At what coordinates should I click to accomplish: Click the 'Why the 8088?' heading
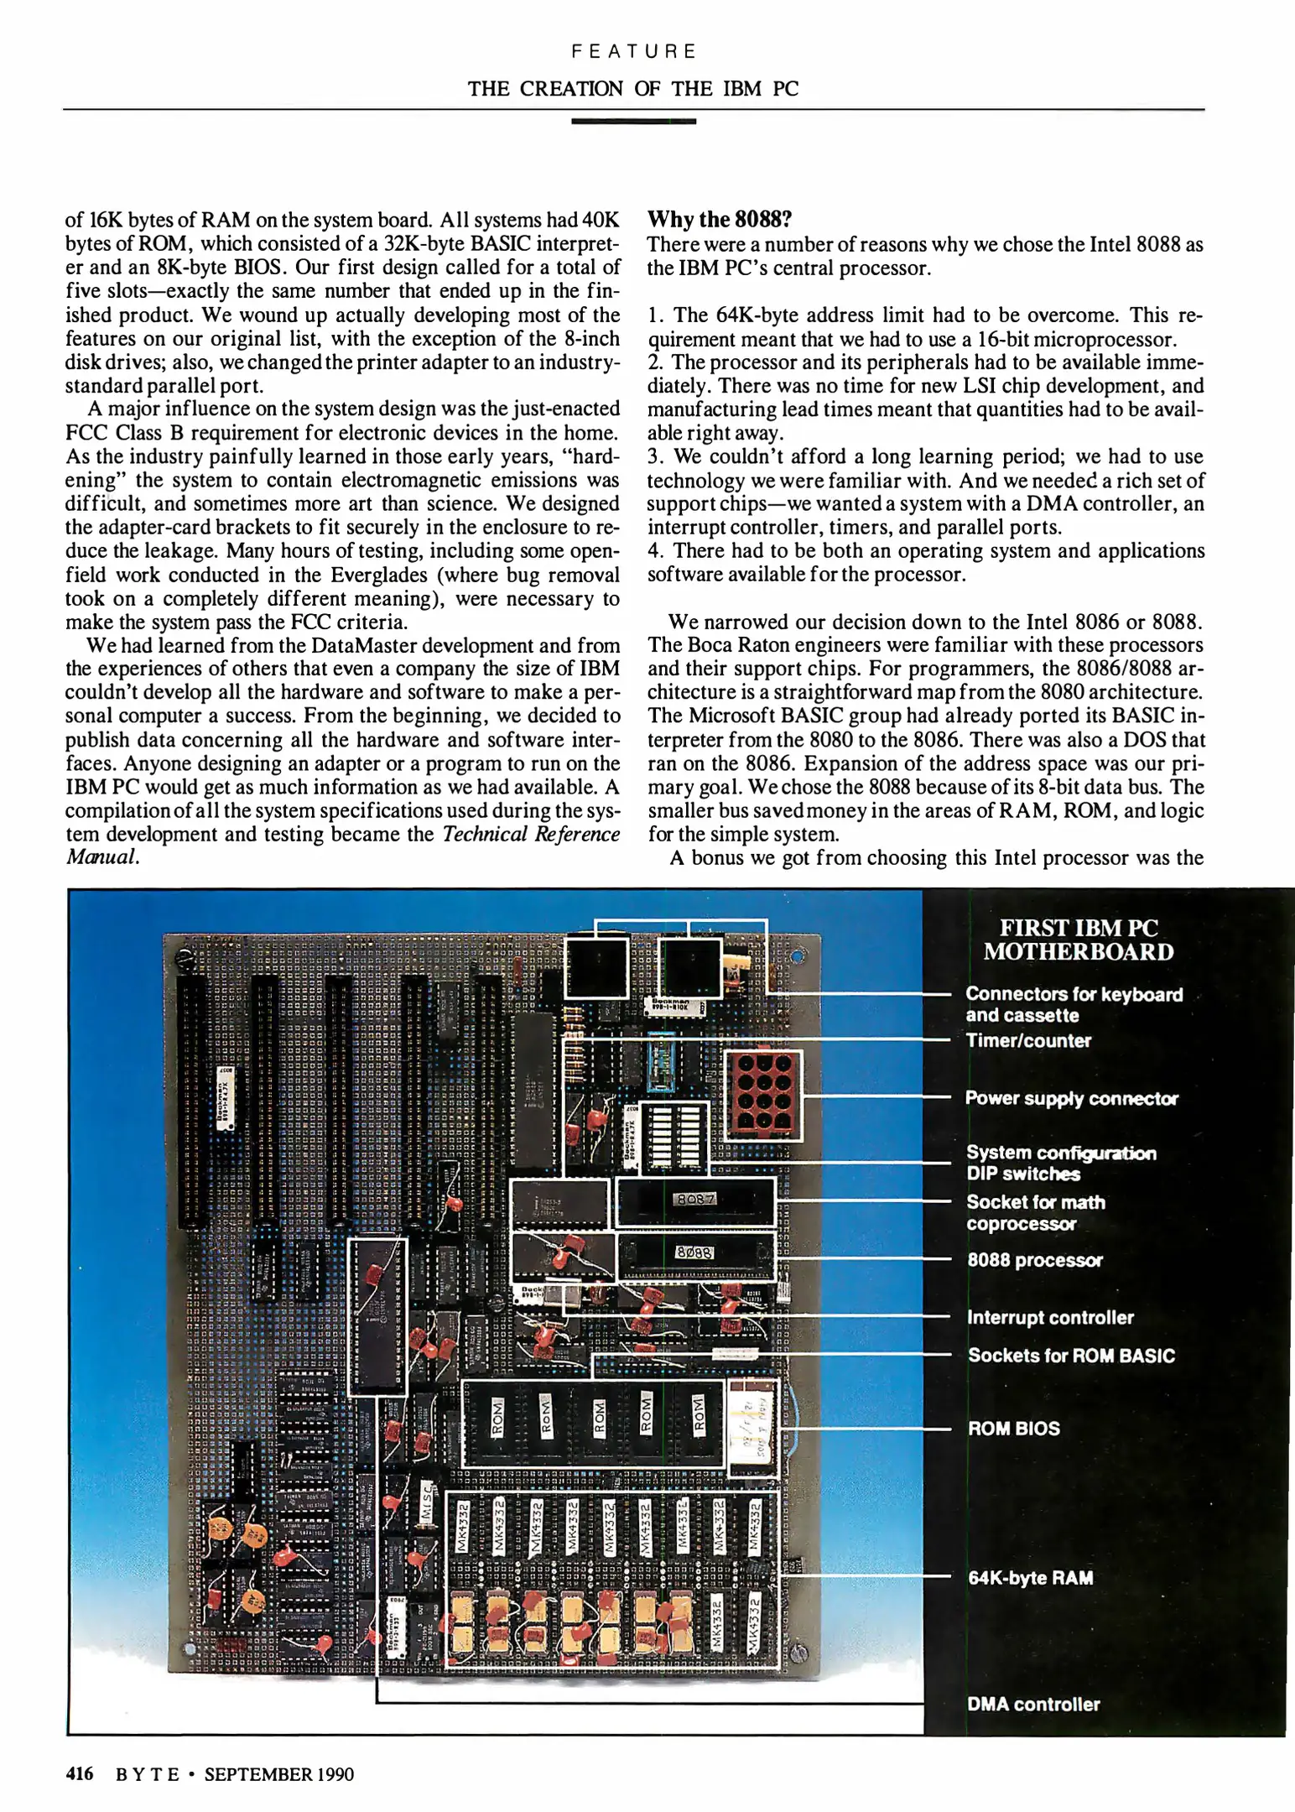click(x=720, y=220)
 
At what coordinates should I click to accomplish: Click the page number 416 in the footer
click(x=80, y=1773)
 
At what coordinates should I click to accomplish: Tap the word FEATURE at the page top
click(x=633, y=51)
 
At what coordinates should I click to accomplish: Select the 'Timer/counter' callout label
click(x=1028, y=1040)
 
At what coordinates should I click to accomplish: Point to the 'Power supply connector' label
click(x=1071, y=1098)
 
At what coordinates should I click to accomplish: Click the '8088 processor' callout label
click(x=1034, y=1260)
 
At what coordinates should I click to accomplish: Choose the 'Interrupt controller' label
click(x=1050, y=1317)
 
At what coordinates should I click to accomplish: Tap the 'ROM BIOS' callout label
click(x=1013, y=1428)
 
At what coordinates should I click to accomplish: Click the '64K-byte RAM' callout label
click(x=1030, y=1577)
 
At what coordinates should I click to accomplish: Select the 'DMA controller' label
click(x=1033, y=1704)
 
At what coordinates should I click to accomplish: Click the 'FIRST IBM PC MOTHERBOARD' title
click(x=1078, y=940)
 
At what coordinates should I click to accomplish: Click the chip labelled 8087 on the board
click(x=695, y=1200)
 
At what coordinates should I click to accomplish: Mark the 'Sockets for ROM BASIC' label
click(x=1071, y=1355)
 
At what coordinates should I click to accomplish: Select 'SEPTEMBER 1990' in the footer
click(x=278, y=1773)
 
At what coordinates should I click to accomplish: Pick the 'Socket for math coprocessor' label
click(x=1036, y=1212)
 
